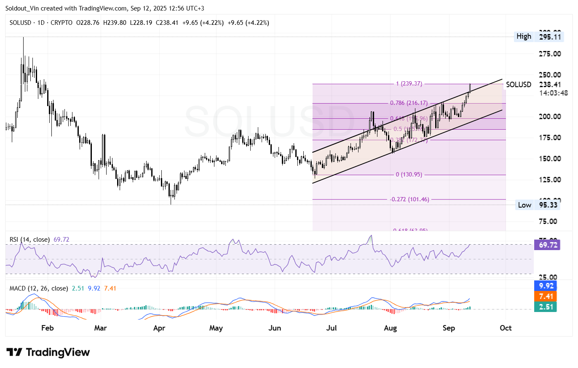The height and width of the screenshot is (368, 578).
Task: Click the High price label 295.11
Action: [x=550, y=37]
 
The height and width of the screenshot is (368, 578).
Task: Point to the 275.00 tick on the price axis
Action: [x=550, y=54]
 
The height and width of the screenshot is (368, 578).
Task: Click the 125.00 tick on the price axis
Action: [x=550, y=180]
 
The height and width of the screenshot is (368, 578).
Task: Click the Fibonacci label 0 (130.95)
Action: [x=409, y=174]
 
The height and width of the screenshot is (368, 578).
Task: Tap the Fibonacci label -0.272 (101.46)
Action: [x=409, y=199]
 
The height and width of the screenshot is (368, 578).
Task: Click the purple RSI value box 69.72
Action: [x=546, y=245]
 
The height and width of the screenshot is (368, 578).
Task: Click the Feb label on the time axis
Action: [x=47, y=328]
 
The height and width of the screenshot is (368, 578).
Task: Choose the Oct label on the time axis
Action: [x=506, y=328]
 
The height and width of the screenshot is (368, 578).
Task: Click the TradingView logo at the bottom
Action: [x=48, y=352]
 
